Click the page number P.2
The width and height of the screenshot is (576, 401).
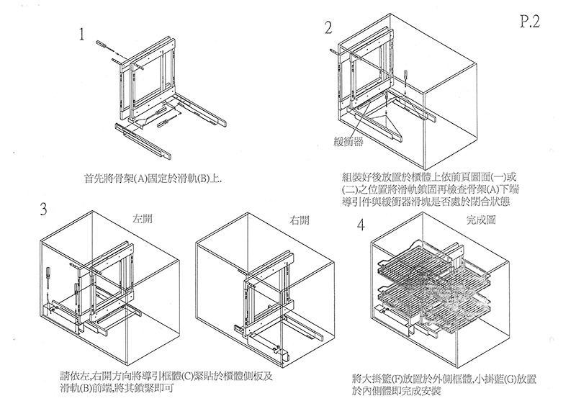coord(529,22)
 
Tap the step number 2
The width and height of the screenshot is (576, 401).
coord(329,28)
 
